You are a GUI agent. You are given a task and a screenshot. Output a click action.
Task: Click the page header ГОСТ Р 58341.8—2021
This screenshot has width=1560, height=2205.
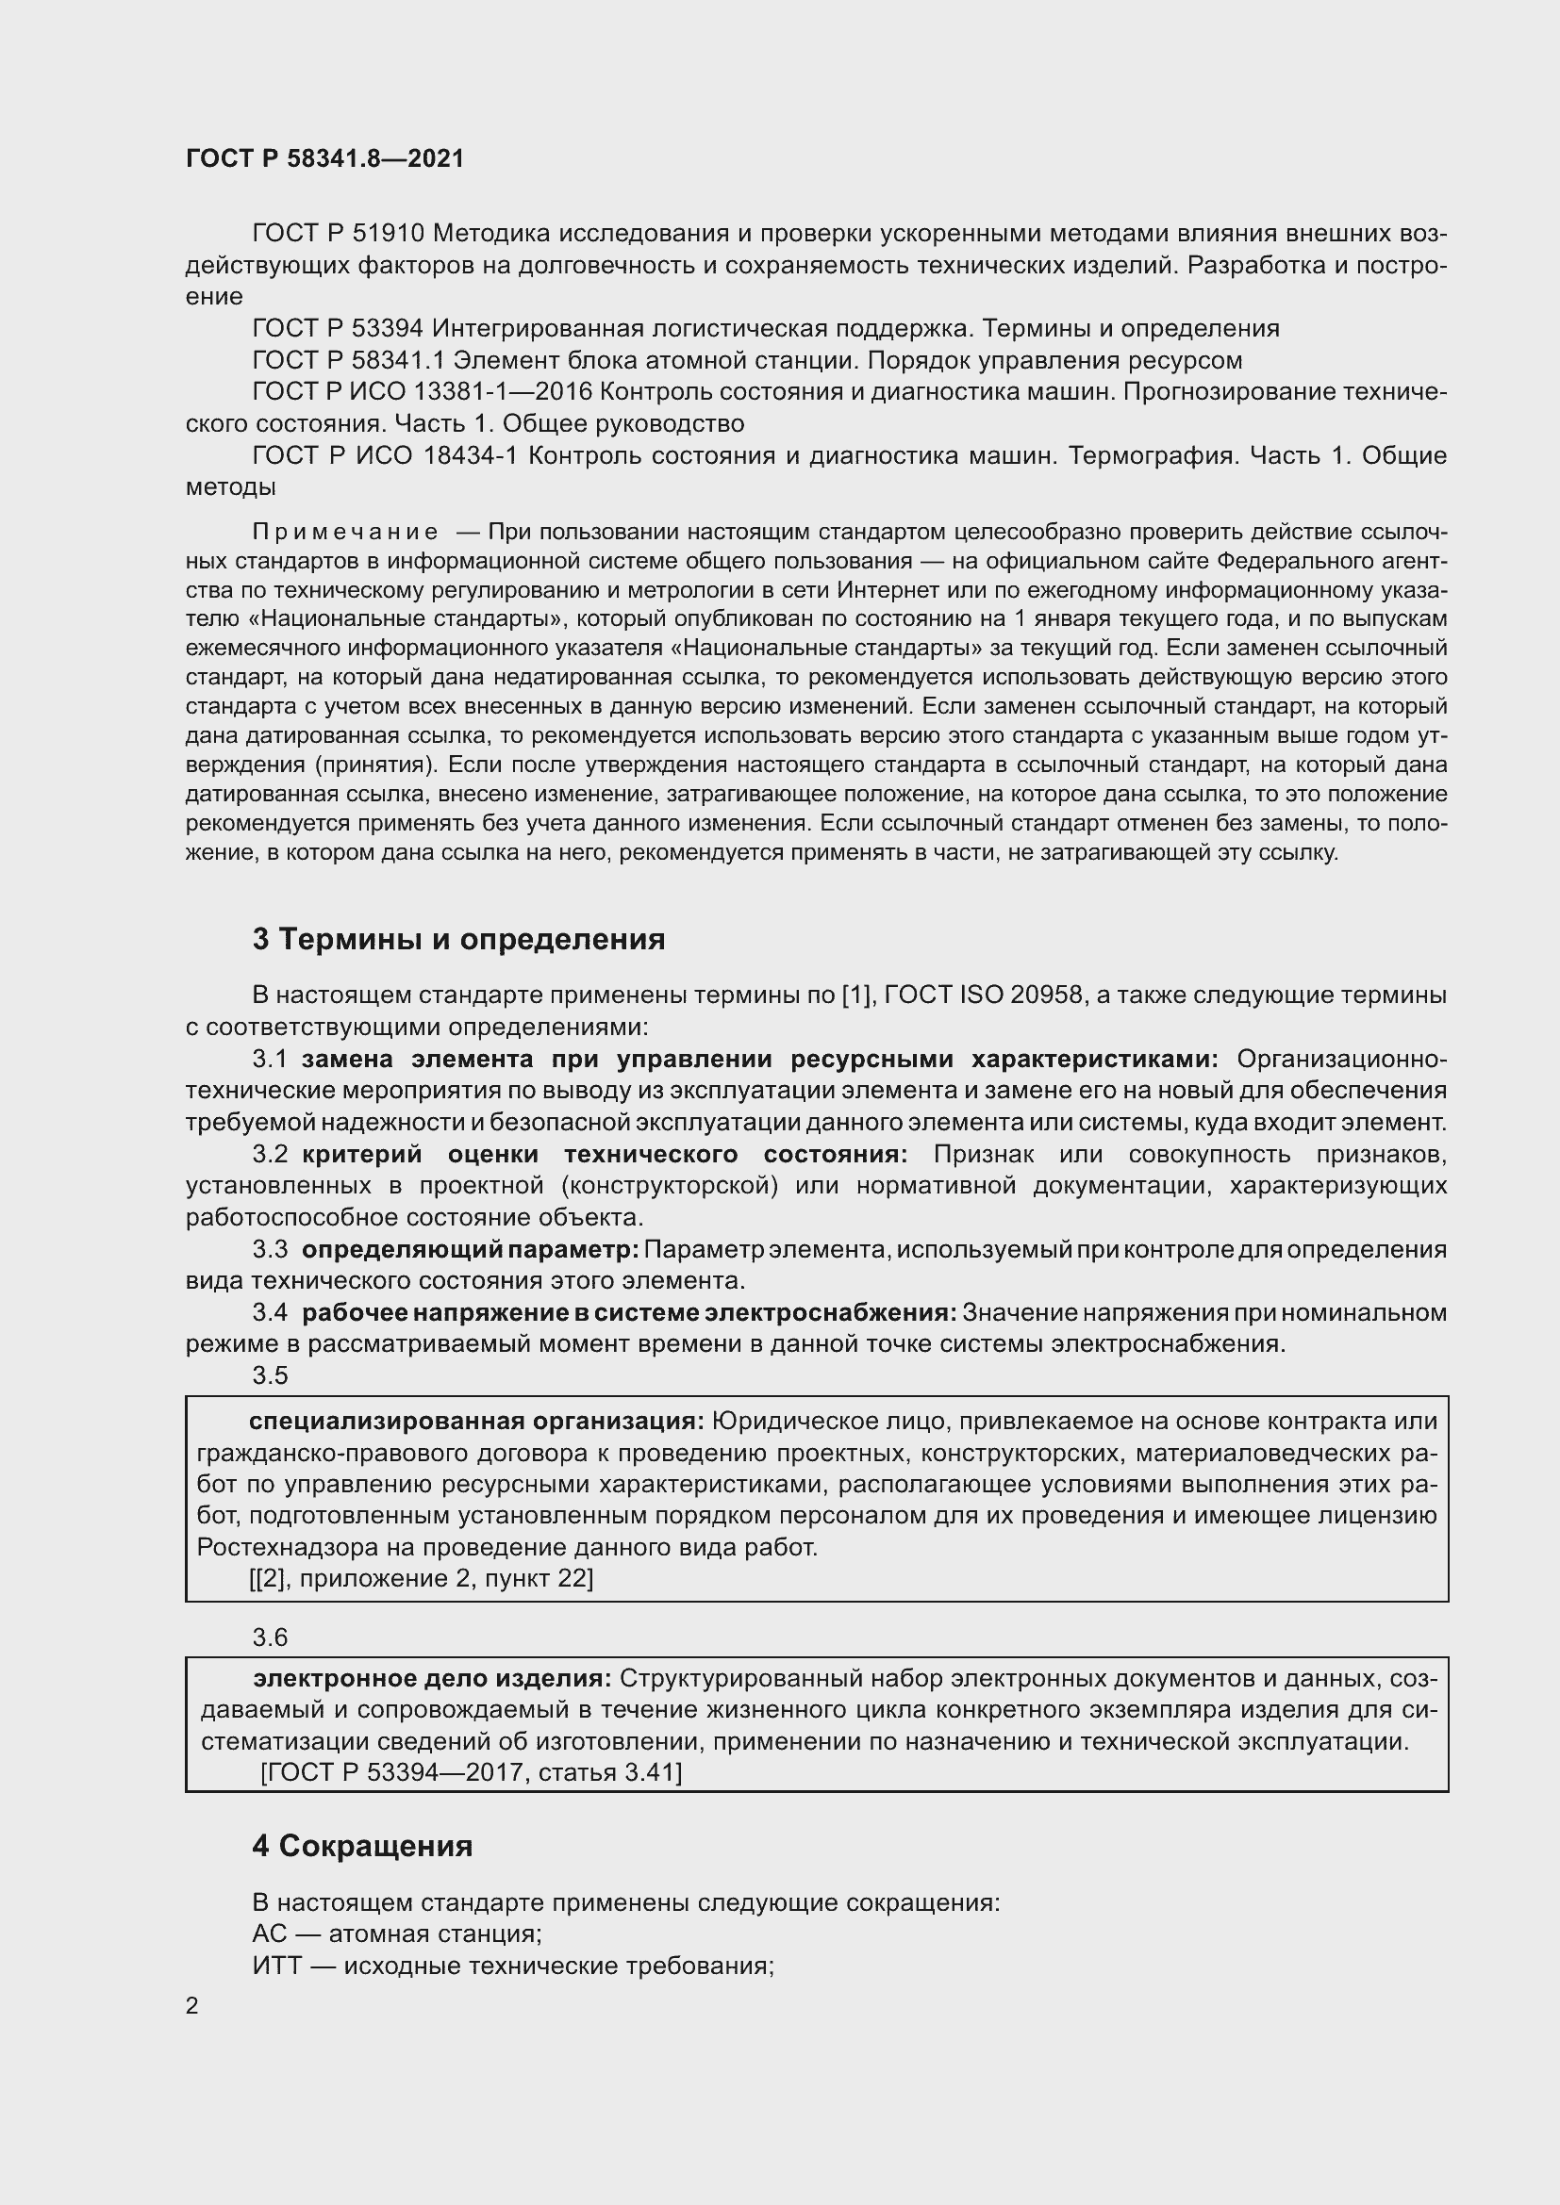[x=324, y=158]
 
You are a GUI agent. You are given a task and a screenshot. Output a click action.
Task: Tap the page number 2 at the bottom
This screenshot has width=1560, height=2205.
[x=192, y=2005]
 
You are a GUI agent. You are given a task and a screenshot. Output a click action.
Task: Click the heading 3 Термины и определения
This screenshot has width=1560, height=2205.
[x=458, y=938]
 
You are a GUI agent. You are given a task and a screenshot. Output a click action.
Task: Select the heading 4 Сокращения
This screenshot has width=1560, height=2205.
[x=362, y=1846]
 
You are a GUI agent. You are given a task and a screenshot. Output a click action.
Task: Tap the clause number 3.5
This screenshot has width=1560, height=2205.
[x=270, y=1375]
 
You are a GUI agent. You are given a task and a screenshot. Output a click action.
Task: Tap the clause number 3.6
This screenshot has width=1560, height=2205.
[x=270, y=1637]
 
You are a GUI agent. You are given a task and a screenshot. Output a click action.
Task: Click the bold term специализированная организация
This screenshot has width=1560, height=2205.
[x=476, y=1422]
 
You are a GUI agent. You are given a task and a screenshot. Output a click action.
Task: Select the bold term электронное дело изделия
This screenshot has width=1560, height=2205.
[x=432, y=1678]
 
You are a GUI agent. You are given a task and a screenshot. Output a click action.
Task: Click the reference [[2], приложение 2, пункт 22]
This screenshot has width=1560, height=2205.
[x=421, y=1578]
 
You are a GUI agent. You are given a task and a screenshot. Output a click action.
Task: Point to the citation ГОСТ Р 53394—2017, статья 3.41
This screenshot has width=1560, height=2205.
[x=471, y=1772]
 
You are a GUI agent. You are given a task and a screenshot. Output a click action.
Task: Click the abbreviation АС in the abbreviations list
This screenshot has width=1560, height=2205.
[x=269, y=1933]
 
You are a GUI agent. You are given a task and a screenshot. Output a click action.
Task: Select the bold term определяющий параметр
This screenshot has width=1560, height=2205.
[x=470, y=1249]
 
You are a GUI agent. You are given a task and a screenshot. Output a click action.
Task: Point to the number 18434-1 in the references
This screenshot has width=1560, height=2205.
[x=470, y=455]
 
